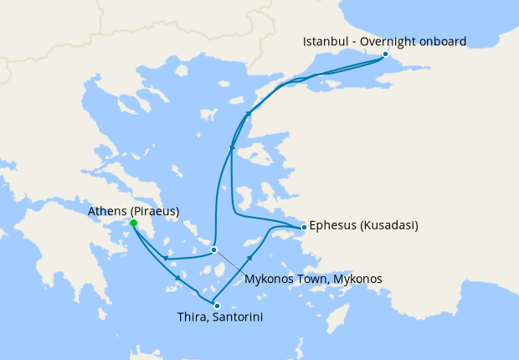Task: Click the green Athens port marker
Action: (x=134, y=223)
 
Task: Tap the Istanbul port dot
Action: (x=385, y=54)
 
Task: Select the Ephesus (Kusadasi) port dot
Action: (x=303, y=227)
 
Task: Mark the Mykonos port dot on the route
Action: (x=213, y=249)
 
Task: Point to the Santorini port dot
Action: (x=217, y=306)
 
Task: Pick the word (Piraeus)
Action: (x=155, y=212)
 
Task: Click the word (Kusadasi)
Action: (x=389, y=226)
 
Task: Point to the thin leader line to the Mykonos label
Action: (x=230, y=261)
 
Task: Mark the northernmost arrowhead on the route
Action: (x=248, y=114)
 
